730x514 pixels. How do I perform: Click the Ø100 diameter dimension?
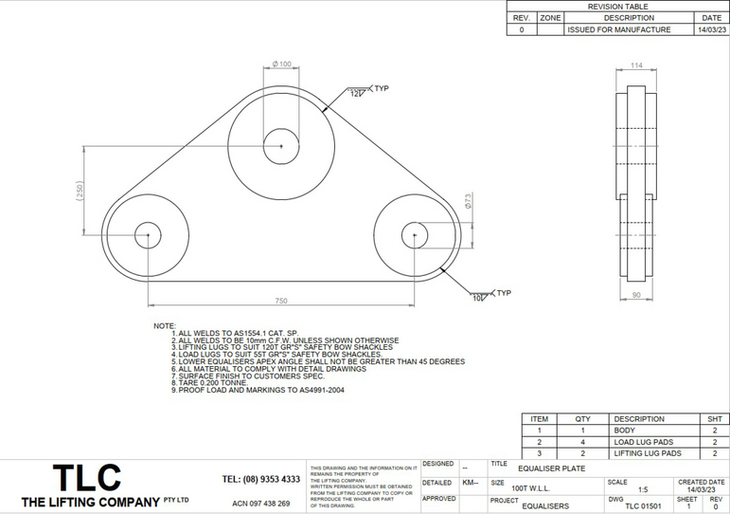pos(281,64)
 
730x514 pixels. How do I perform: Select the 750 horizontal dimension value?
pos(281,301)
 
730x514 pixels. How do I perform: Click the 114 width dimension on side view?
pos(636,65)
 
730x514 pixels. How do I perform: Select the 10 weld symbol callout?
pos(478,298)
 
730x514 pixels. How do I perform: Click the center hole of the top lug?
pos(281,146)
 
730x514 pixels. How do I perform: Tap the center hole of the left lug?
pos(148,236)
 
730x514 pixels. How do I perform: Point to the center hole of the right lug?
pos(414,236)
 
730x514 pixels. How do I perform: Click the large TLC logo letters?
pos(86,477)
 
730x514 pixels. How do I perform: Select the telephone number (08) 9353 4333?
pos(261,479)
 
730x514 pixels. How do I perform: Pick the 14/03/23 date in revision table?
pos(710,29)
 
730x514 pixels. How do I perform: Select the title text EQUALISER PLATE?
pos(552,468)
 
